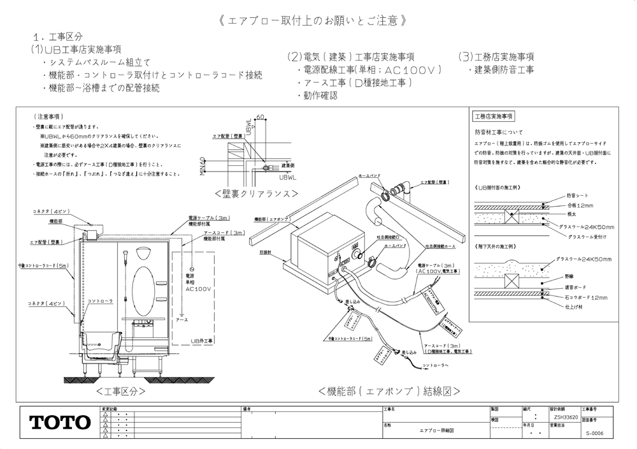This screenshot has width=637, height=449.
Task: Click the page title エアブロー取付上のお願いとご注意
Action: (x=313, y=20)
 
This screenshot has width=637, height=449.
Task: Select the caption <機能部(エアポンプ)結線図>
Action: (x=389, y=390)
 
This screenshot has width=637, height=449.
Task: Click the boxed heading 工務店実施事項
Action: (x=494, y=117)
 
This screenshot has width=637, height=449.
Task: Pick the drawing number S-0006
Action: (x=594, y=433)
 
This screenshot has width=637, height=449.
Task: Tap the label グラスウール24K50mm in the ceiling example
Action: (x=583, y=260)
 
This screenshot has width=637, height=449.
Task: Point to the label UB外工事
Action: (x=203, y=341)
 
